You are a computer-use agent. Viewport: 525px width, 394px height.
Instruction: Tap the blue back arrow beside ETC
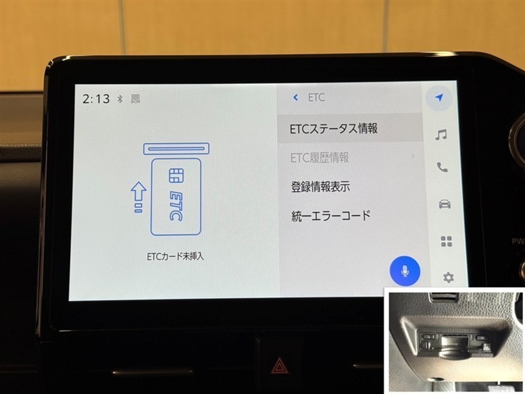coord(295,97)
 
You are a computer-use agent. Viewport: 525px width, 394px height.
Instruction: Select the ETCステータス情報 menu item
coord(333,129)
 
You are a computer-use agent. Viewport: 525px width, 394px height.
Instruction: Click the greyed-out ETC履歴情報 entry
coord(320,158)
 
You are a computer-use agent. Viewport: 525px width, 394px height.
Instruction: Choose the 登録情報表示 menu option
coord(320,186)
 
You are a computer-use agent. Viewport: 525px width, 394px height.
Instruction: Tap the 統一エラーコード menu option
coord(331,216)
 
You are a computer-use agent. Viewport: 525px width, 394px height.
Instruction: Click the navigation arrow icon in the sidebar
coord(439,98)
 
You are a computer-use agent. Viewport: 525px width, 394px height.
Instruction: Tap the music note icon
coord(440,135)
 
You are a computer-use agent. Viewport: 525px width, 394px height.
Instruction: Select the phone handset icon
coord(442,167)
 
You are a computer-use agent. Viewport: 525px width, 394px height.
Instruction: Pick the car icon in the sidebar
coord(445,204)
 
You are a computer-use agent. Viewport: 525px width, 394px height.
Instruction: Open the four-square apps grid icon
coord(446,241)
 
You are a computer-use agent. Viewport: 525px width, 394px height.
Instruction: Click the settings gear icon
coord(448,277)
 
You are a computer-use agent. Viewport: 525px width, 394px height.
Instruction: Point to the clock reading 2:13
coord(96,99)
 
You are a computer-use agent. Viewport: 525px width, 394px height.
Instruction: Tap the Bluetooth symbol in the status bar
coord(120,99)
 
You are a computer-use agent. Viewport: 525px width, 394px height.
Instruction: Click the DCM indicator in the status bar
coord(136,99)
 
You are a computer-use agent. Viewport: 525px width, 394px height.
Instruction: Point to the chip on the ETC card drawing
coord(176,175)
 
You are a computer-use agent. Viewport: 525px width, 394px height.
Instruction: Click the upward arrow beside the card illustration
coord(138,197)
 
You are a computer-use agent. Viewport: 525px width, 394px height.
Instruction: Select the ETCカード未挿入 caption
coord(175,257)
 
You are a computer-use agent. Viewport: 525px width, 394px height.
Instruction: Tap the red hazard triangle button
coord(278,366)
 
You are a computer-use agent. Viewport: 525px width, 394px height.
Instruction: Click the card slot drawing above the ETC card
coord(176,149)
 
